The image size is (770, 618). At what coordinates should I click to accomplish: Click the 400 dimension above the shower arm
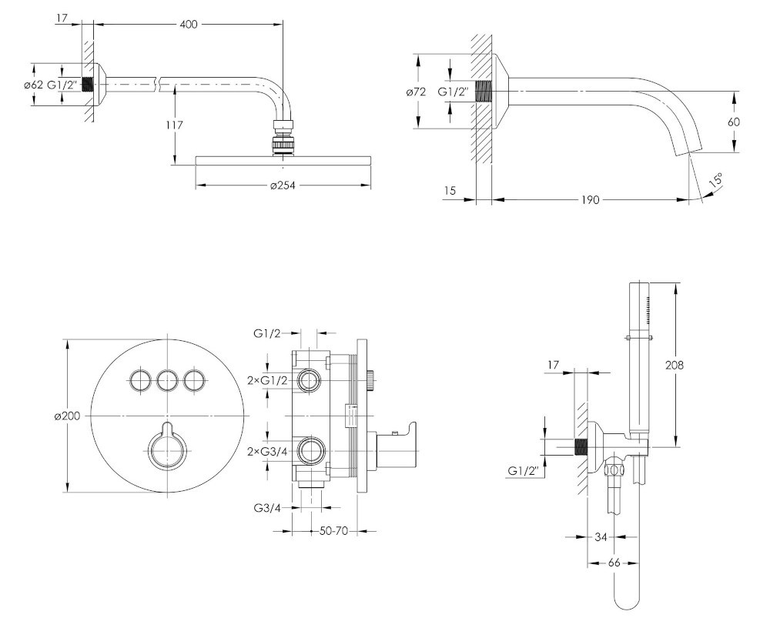[x=188, y=25]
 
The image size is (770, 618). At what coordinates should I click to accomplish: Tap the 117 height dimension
[x=173, y=124]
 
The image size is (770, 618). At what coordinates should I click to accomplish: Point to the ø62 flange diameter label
[x=32, y=85]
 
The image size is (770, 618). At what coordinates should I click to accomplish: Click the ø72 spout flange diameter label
[x=416, y=92]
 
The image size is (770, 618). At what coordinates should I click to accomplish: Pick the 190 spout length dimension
[x=589, y=199]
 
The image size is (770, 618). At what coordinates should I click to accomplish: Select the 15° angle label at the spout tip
[x=715, y=181]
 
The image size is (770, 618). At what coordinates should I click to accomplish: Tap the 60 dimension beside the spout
[x=734, y=122]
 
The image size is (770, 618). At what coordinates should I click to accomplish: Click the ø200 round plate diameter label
[x=67, y=416]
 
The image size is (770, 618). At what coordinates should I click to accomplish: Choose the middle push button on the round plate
[x=168, y=379]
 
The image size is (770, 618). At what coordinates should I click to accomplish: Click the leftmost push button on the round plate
[x=140, y=379]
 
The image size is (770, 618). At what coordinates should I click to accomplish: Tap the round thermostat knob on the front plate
[x=167, y=449]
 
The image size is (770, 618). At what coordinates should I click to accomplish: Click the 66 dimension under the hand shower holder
[x=614, y=563]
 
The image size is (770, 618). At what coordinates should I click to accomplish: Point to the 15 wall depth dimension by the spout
[x=450, y=189]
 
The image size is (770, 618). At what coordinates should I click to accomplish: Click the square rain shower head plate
[x=283, y=159]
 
